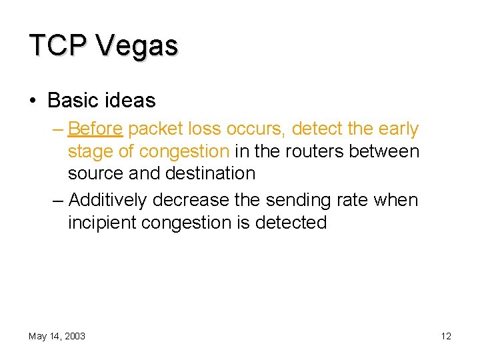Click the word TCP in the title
(57, 45)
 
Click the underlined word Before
(95, 129)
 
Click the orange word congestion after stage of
(184, 151)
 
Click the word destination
(209, 173)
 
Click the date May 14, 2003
(57, 336)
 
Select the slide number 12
(446, 336)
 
